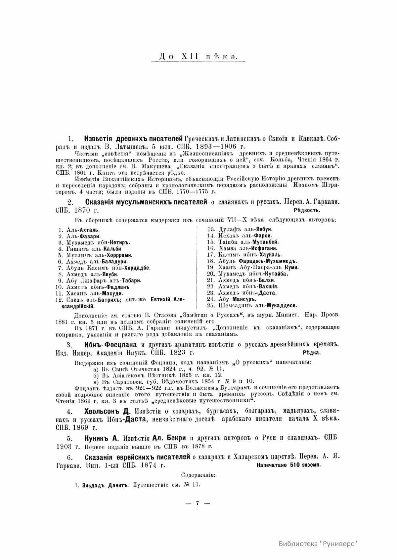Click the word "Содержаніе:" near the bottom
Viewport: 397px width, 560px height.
198,475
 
